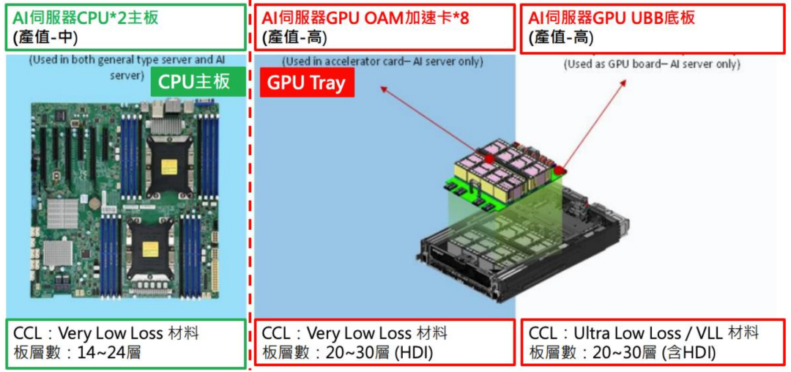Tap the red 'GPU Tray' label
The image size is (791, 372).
pyautogui.click(x=306, y=83)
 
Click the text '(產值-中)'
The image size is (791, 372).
pyautogui.click(x=45, y=37)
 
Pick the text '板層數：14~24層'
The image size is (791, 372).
pyautogui.click(x=78, y=353)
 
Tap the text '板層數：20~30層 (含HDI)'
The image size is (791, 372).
pyautogui.click(x=622, y=353)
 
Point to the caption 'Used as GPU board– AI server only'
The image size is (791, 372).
pyautogui.click(x=652, y=64)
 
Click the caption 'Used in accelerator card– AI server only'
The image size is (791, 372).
pyautogui.click(x=382, y=62)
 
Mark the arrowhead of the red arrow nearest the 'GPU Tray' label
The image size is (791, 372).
pyautogui.click(x=382, y=89)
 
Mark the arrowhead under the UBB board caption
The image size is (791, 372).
pyautogui.click(x=625, y=83)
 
